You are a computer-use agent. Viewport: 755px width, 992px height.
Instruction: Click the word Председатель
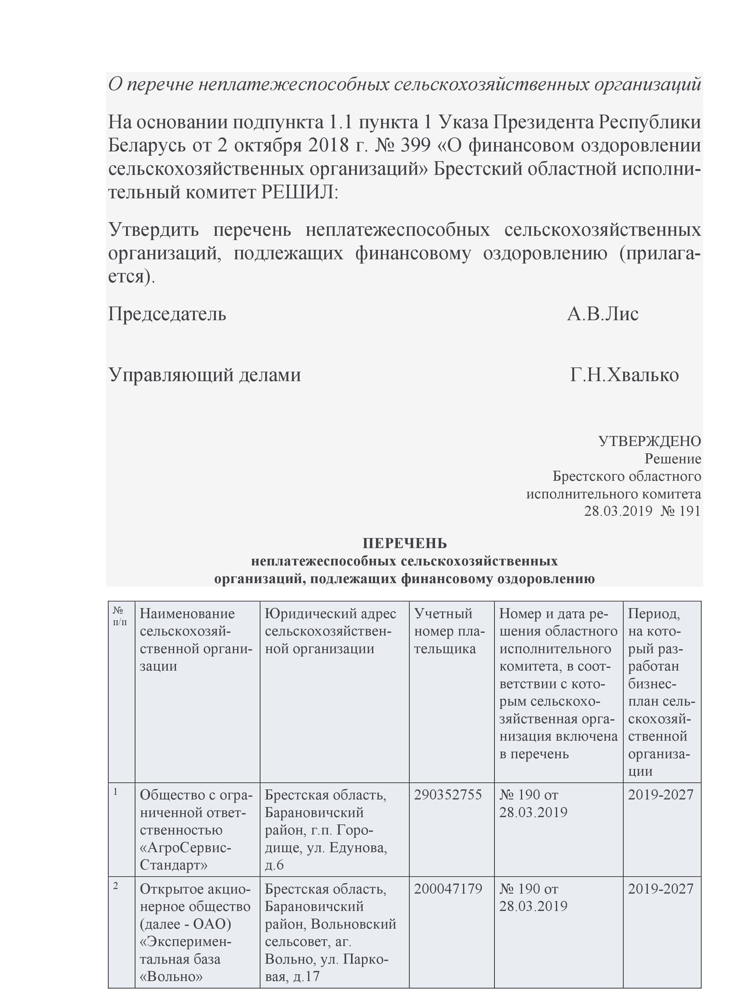(x=167, y=314)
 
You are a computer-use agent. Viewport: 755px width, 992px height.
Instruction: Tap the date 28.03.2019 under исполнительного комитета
(x=618, y=511)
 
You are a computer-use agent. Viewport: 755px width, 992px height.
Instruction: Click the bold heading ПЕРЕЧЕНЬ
(x=405, y=543)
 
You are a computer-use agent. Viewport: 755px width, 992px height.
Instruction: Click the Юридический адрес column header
(x=330, y=631)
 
